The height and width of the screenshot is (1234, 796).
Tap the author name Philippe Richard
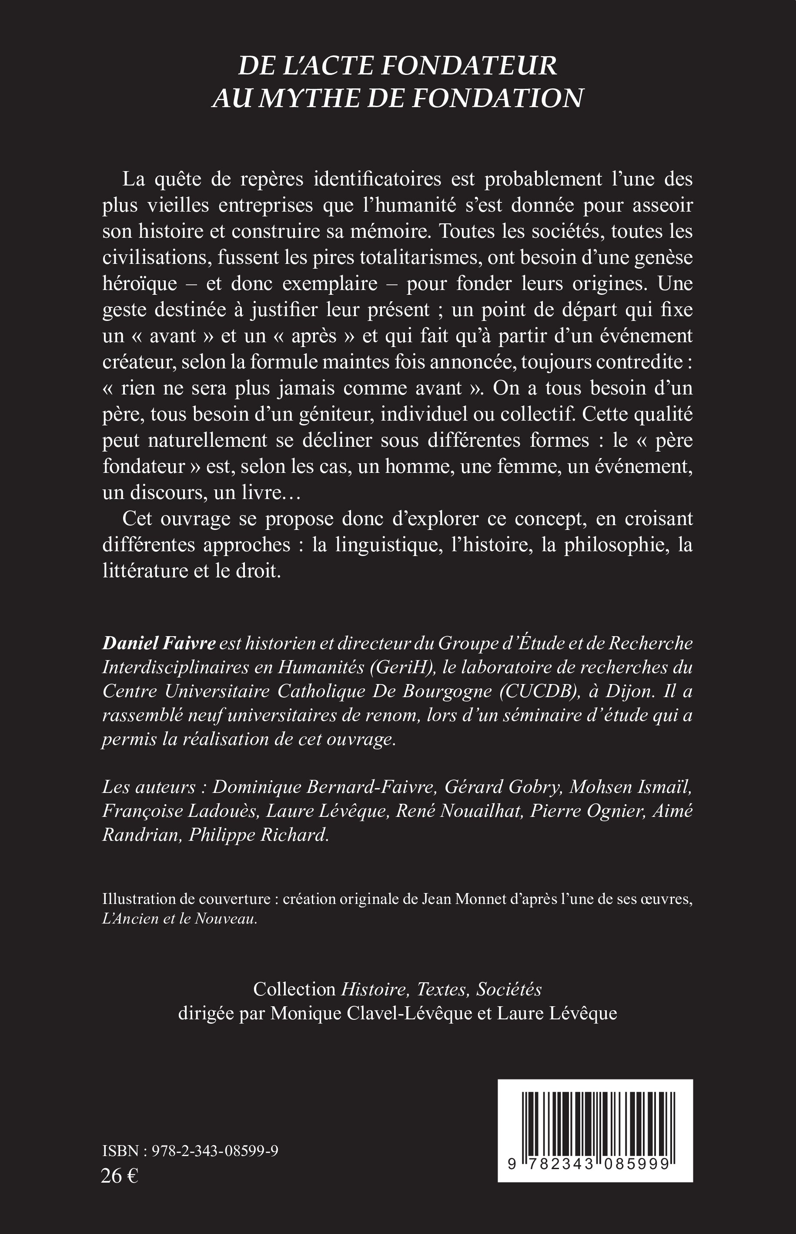[258, 836]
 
